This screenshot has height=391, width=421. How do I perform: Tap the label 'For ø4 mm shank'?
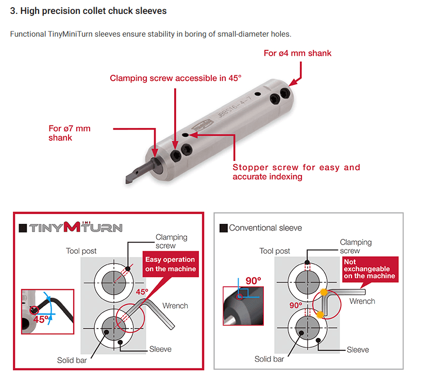click(297, 53)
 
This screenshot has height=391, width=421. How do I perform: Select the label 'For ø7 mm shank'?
click(70, 133)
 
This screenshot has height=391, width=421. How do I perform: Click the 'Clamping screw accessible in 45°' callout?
click(176, 78)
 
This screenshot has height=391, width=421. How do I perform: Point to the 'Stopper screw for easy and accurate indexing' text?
click(296, 172)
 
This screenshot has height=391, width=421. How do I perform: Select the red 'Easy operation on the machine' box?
click(170, 264)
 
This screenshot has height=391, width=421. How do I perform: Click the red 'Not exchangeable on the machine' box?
click(369, 269)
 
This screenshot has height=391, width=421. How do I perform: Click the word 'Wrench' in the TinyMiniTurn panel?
click(175, 306)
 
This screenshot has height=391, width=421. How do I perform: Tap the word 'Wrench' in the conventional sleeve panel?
click(362, 301)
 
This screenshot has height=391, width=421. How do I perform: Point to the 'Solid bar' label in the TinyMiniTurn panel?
click(72, 360)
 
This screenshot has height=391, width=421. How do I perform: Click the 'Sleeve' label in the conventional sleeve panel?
click(358, 350)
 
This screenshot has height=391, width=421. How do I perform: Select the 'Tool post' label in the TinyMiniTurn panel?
click(81, 251)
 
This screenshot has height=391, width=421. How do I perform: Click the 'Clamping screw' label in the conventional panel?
click(356, 246)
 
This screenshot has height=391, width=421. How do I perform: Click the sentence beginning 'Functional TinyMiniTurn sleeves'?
click(150, 34)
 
